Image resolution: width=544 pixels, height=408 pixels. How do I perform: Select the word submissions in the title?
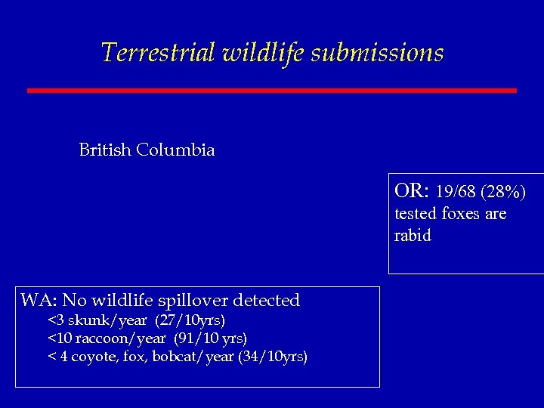pos(377,53)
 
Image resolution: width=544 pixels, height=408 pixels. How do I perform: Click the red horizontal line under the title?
pos(272,91)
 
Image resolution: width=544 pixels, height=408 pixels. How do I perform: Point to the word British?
pos(105,150)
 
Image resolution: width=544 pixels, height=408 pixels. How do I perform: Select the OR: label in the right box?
pos(412,189)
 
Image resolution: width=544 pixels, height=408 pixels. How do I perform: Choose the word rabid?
pos(413,236)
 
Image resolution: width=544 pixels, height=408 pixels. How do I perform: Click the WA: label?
pos(39,300)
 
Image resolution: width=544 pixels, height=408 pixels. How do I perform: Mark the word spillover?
pos(193,300)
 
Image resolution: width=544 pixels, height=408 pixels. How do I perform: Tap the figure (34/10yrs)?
pos(273,356)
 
